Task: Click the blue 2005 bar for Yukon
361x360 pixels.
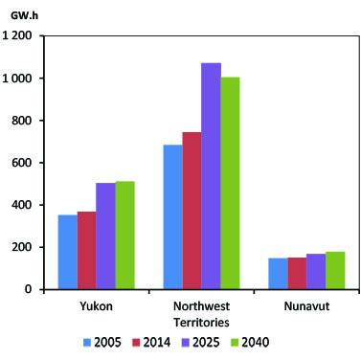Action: click(x=67, y=252)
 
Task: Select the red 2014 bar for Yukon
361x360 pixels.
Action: click(x=86, y=250)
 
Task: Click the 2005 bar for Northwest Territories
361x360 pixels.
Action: click(x=172, y=216)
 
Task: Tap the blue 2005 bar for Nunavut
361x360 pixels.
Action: click(x=278, y=273)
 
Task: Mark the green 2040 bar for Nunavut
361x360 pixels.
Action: click(x=335, y=270)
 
